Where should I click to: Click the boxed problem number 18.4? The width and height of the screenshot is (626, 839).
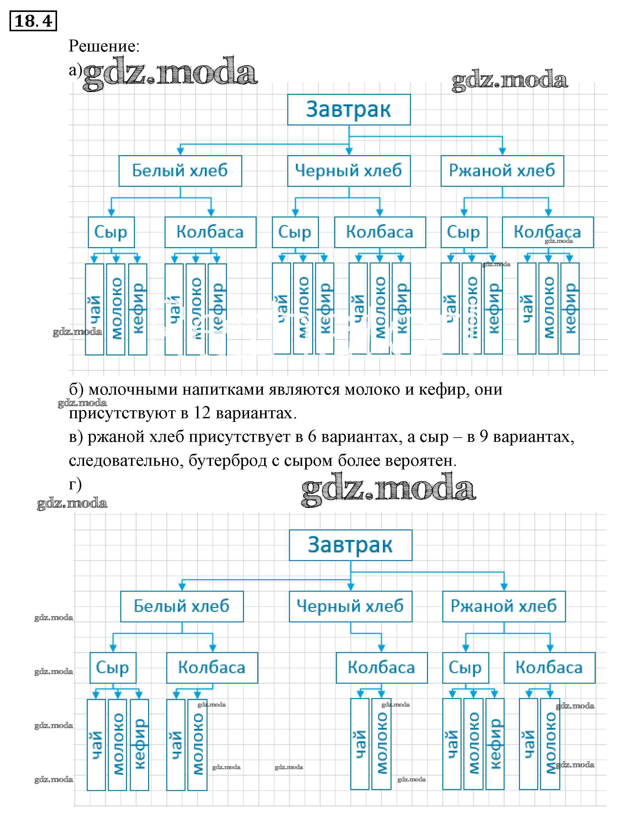[33, 21]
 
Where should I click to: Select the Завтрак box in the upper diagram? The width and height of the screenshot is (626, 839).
[349, 109]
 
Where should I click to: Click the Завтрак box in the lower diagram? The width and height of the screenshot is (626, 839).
[350, 545]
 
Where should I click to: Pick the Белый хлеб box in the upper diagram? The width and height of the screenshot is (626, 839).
[180, 171]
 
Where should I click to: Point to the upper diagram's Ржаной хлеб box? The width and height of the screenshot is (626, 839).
[502, 171]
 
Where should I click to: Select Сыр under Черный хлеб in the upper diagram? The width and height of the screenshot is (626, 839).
[295, 232]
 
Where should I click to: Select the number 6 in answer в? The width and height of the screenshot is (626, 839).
[312, 437]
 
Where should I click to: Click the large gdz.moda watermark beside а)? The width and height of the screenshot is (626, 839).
[170, 74]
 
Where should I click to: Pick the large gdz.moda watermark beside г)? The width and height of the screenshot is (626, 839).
[388, 489]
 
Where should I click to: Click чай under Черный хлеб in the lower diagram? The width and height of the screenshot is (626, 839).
[359, 744]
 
